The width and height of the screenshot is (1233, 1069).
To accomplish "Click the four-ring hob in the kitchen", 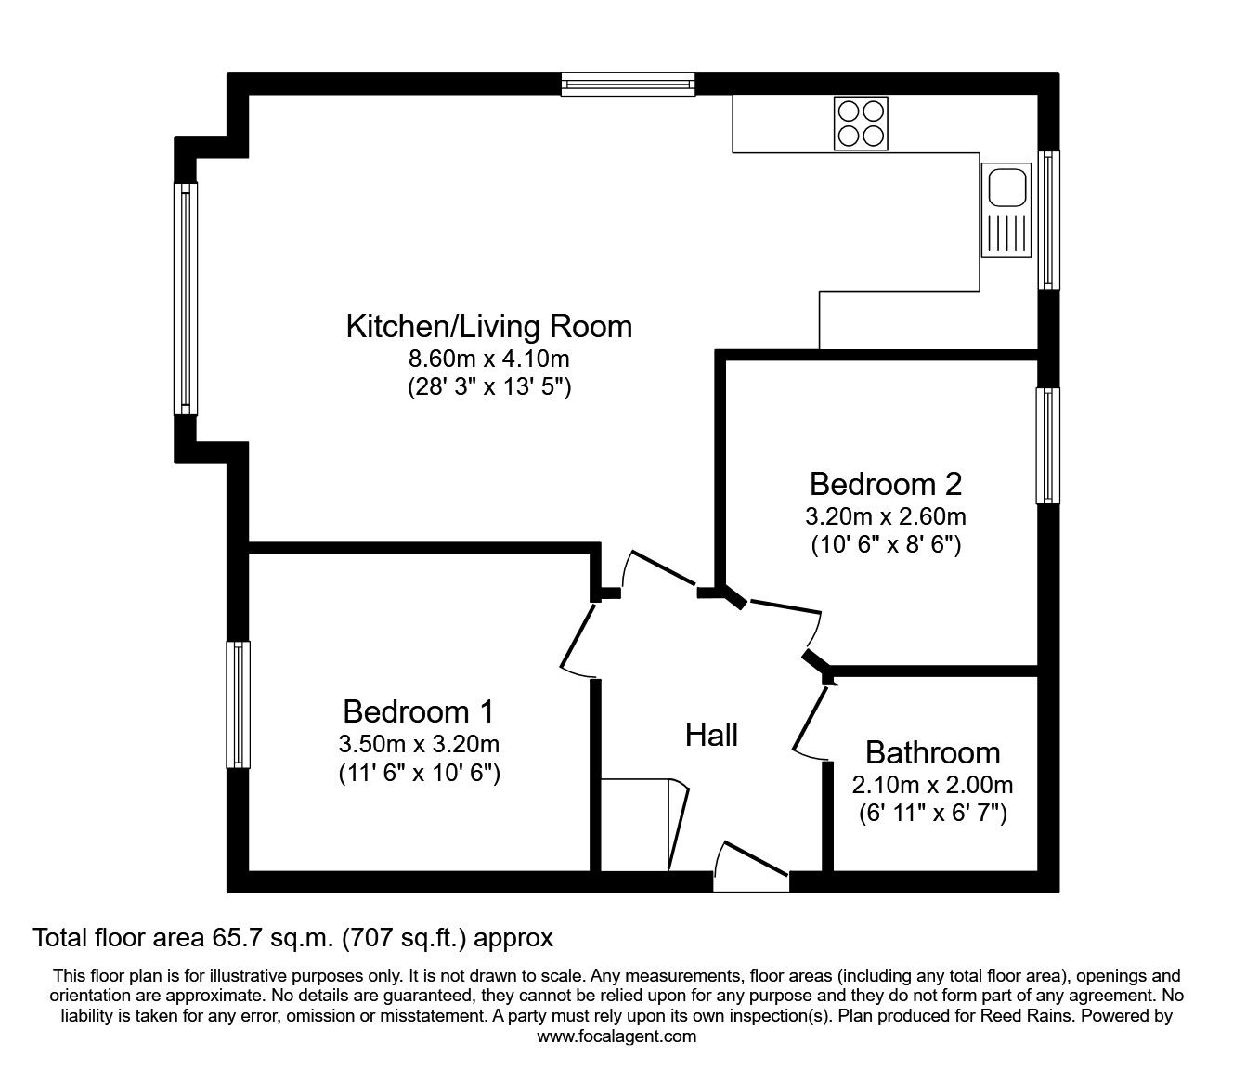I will click(860, 124).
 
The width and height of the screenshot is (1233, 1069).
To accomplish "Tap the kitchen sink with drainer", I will click(1006, 209).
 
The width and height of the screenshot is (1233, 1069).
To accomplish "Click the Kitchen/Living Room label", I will click(488, 327).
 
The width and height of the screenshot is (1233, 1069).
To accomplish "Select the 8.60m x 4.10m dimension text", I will click(489, 359).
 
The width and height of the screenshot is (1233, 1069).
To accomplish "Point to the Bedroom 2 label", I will click(885, 484).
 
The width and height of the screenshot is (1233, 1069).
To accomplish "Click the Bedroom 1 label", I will click(418, 711).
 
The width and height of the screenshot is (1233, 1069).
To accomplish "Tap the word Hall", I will click(711, 736).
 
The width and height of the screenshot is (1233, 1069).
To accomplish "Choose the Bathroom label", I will click(932, 751).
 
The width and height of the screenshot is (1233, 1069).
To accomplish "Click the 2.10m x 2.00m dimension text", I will click(932, 785).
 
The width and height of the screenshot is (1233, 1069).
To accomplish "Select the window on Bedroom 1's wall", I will click(239, 704).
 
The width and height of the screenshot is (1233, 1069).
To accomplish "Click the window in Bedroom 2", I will click(1048, 446).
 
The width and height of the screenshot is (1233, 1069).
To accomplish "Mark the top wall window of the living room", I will click(628, 85).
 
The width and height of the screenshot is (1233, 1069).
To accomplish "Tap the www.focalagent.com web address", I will click(616, 1036).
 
